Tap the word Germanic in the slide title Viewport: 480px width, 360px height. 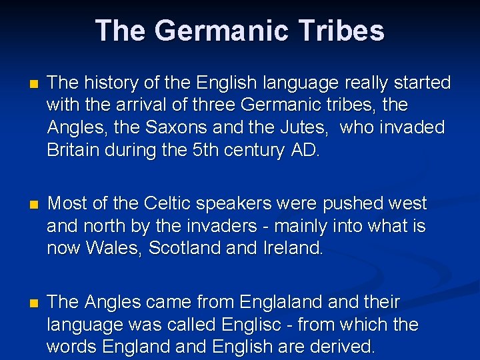pyautogui.click(x=216, y=31)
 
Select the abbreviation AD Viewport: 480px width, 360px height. pyautogui.click(x=304, y=150)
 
